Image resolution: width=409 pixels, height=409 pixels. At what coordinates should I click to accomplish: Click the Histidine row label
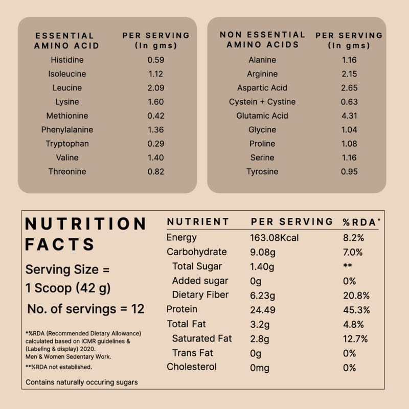tap(67, 60)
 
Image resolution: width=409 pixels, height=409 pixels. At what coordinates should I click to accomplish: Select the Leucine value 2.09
tap(155, 88)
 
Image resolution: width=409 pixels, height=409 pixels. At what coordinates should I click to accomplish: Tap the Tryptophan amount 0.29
tap(155, 144)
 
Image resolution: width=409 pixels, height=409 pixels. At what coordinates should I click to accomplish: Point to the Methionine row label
tap(67, 116)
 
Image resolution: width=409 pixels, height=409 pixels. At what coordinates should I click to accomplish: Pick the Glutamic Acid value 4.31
tap(349, 116)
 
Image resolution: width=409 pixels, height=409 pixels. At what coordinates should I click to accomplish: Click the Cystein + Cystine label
tap(262, 102)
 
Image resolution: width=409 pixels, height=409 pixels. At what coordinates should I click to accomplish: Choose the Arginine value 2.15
tap(349, 74)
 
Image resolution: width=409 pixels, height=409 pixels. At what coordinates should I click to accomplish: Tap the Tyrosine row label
tap(262, 172)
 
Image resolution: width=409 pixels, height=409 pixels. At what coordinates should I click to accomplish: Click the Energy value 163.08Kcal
tap(275, 238)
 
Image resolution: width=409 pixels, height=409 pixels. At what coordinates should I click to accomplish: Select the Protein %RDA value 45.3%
tap(356, 309)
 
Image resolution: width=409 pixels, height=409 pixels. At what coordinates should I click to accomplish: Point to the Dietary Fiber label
tap(200, 295)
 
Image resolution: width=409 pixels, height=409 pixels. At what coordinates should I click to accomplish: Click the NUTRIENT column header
tap(198, 222)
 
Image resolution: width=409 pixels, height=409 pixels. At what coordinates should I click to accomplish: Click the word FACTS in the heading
tap(60, 244)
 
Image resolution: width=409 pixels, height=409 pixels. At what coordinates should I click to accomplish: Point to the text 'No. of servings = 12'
tap(86, 309)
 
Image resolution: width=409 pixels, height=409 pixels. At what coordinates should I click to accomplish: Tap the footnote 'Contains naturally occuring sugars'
tap(82, 382)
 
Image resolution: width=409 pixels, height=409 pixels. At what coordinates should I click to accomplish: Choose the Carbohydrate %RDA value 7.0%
tap(353, 252)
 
